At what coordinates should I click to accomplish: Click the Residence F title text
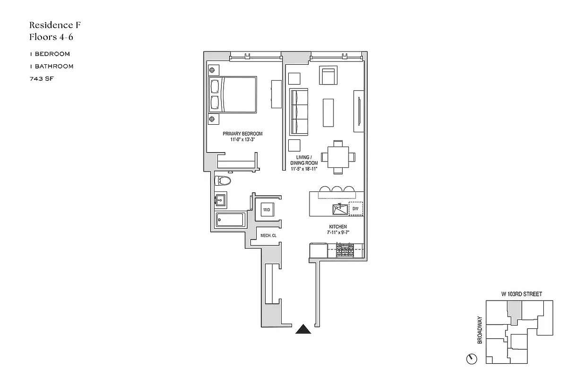[52, 25]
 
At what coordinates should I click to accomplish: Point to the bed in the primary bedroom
[232, 94]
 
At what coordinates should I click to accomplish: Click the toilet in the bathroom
[223, 181]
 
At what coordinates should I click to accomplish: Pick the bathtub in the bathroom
[230, 220]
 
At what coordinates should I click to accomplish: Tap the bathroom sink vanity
[221, 200]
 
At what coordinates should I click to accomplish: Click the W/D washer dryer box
[266, 209]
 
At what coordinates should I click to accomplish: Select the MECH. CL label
[268, 235]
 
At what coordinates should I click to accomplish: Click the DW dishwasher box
[356, 208]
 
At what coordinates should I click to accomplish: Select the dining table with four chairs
[338, 157]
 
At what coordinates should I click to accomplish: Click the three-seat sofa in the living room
[299, 112]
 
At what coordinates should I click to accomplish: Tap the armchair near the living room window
[329, 76]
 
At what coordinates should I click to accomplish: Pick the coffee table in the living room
[329, 112]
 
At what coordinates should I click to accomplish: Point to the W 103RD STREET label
[522, 294]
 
